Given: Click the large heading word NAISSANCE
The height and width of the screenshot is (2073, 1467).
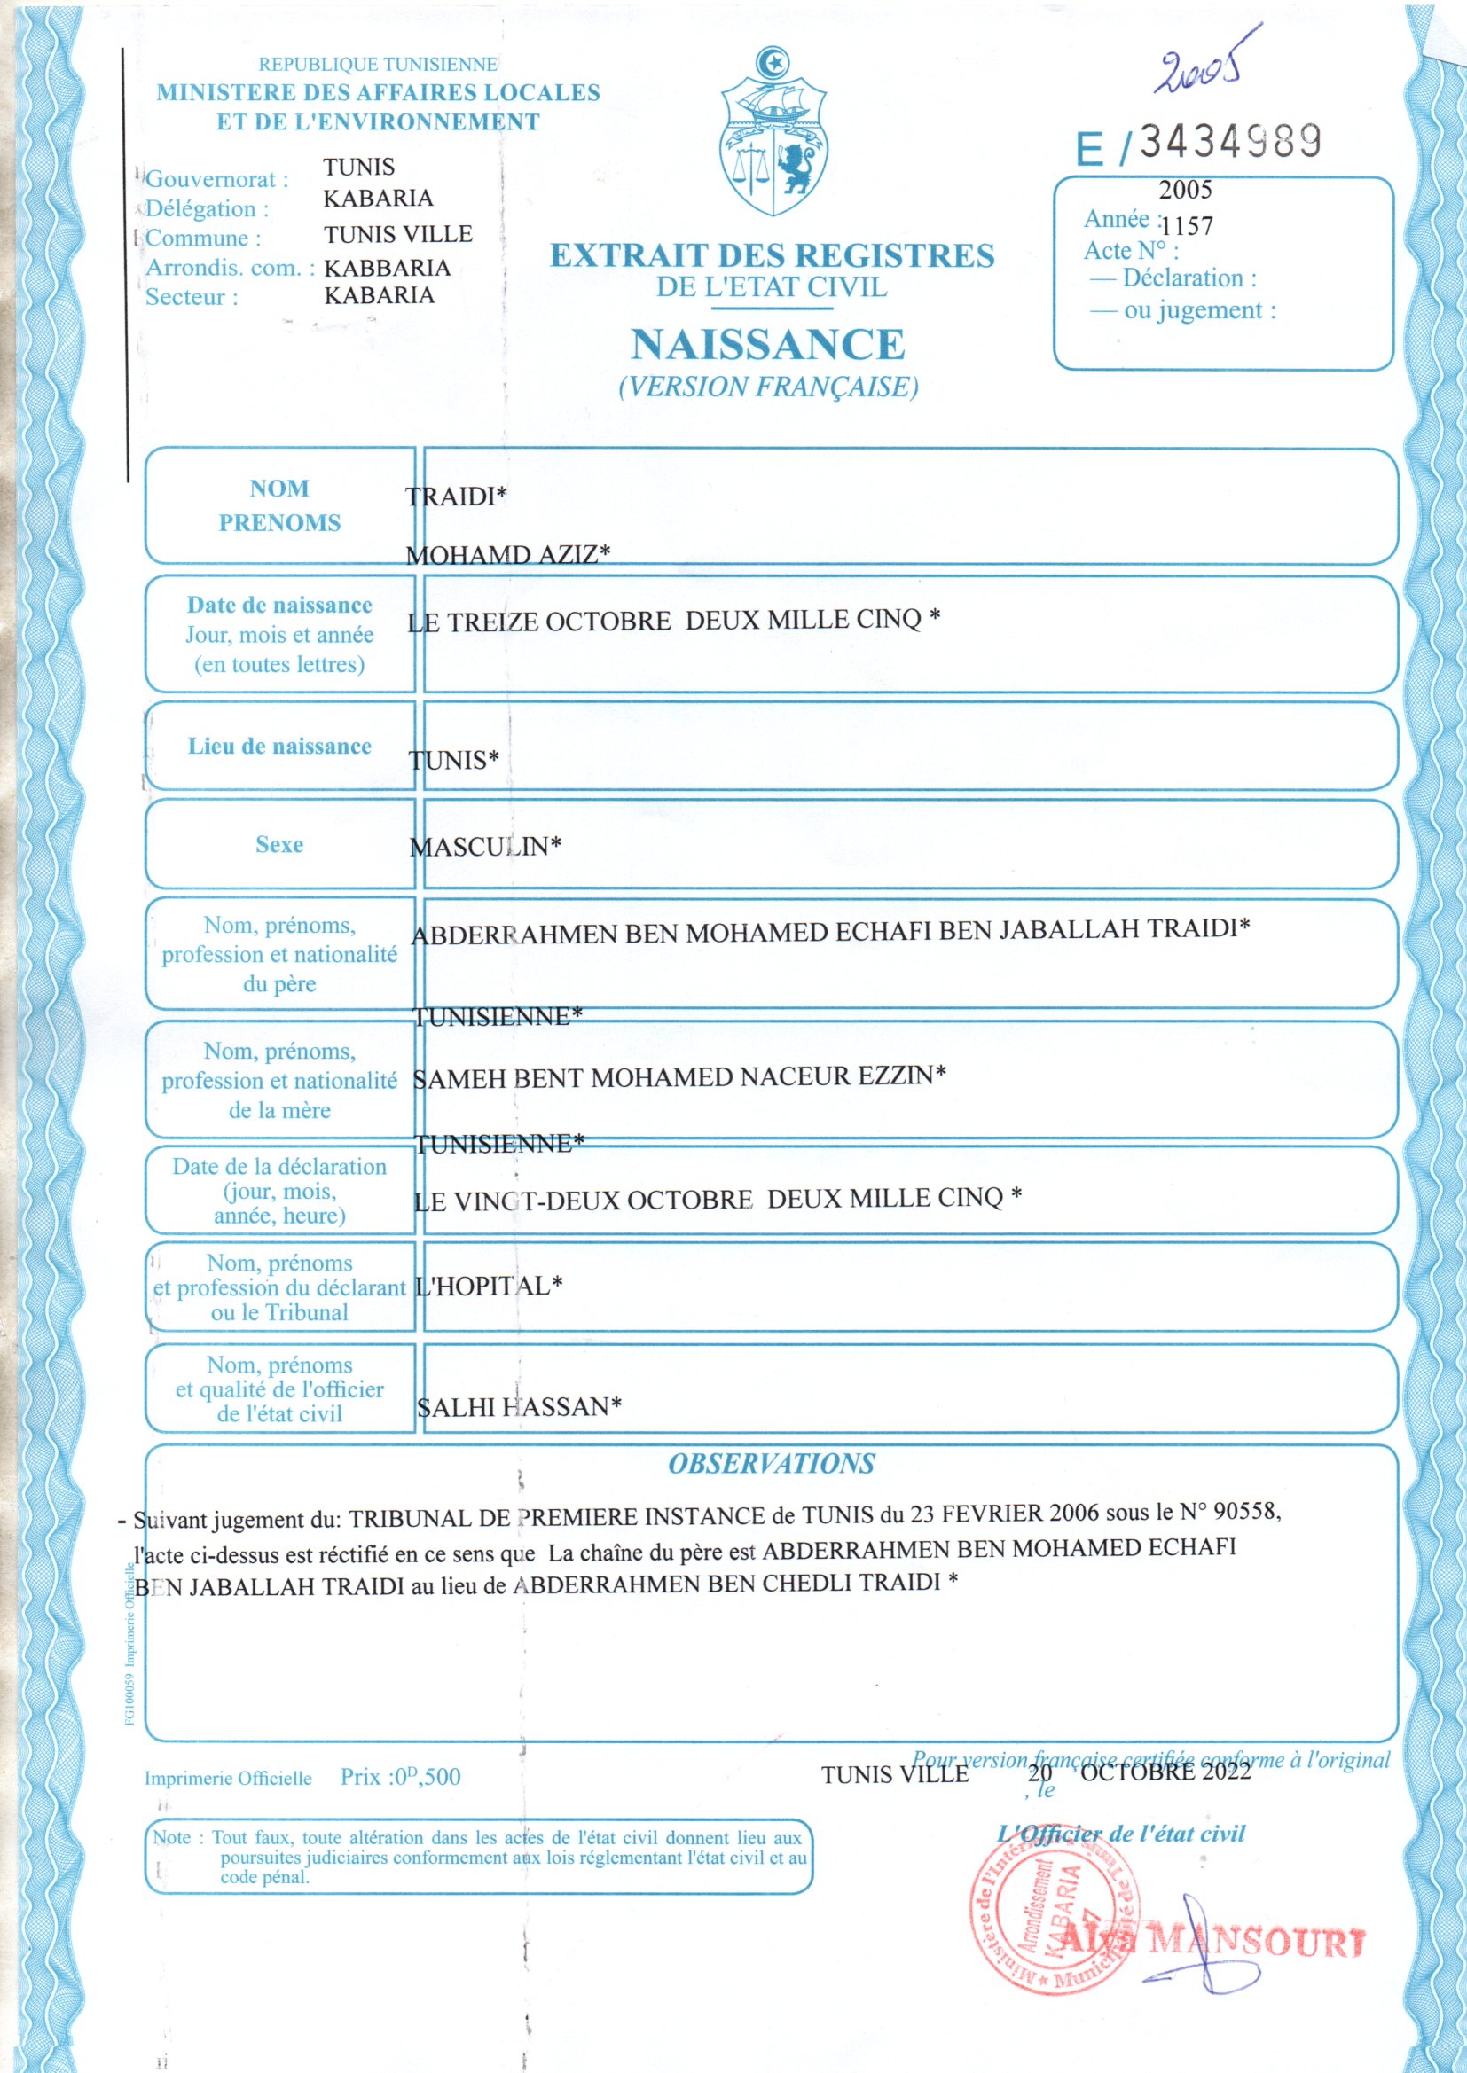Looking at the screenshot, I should click(767, 344).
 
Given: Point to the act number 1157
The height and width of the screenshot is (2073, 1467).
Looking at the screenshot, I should click(1187, 226).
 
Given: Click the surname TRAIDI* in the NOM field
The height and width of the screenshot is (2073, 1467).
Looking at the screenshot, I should click(456, 496).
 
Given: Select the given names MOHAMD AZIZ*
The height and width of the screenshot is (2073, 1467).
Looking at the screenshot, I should click(507, 553).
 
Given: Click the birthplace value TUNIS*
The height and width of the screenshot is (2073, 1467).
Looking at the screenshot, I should click(453, 759).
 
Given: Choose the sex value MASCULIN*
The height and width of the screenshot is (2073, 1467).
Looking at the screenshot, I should click(485, 846).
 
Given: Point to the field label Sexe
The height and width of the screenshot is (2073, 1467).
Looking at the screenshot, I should click(279, 845).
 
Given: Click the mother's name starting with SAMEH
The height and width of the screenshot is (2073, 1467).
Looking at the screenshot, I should click(679, 1076).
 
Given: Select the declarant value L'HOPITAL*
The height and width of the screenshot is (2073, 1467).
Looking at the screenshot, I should click(488, 1286).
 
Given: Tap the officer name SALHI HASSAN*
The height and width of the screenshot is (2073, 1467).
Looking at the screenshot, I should click(520, 1405).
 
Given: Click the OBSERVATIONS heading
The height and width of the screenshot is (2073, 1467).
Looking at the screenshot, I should click(772, 1464).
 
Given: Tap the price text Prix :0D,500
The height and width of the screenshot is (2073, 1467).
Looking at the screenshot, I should click(400, 1777).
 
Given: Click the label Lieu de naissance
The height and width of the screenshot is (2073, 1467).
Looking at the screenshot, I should click(279, 747).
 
